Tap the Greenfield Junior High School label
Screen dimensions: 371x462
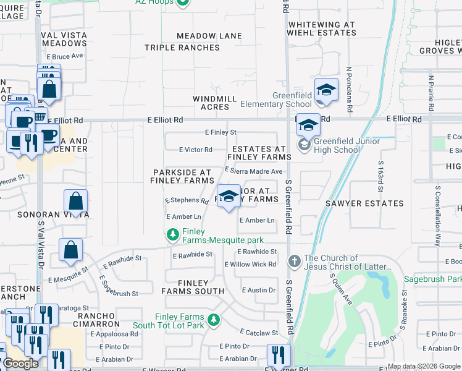[x=337, y=145]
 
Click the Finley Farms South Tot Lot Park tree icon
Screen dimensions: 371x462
[x=213, y=320]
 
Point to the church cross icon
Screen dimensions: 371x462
[x=295, y=262]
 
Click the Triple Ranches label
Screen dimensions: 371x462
[x=182, y=48]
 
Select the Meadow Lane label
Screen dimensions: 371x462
[x=209, y=36]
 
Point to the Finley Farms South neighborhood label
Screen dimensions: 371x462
[x=193, y=286]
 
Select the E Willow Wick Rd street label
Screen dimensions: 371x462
[x=250, y=265]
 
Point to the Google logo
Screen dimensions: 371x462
[x=21, y=364]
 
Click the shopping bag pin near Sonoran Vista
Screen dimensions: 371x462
[x=75, y=202]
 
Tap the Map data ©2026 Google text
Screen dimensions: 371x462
[x=423, y=366]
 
